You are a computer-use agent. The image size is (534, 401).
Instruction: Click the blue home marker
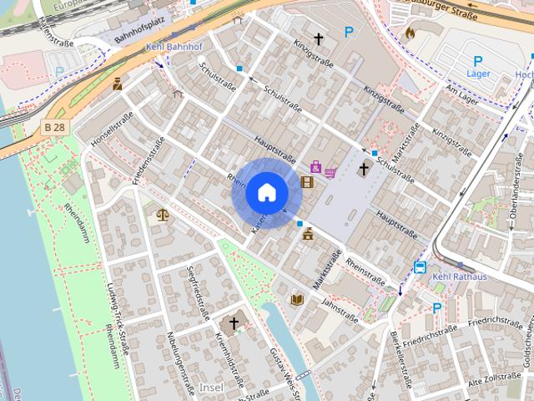[x=266, y=193]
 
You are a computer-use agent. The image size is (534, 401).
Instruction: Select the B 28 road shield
[x=53, y=126]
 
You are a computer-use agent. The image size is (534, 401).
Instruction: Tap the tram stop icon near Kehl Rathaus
[x=420, y=267]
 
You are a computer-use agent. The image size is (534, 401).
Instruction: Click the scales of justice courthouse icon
[x=162, y=215]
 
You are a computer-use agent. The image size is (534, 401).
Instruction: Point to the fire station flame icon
[x=410, y=33]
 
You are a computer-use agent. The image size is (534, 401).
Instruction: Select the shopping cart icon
[x=330, y=173]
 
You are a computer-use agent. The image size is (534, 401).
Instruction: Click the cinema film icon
[x=308, y=181]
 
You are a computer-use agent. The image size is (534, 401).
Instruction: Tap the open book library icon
[x=297, y=299]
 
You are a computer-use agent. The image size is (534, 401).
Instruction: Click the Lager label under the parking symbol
[x=478, y=74]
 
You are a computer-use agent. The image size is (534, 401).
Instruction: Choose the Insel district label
[x=213, y=388]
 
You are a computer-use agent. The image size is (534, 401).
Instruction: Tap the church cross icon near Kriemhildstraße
[x=234, y=323]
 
